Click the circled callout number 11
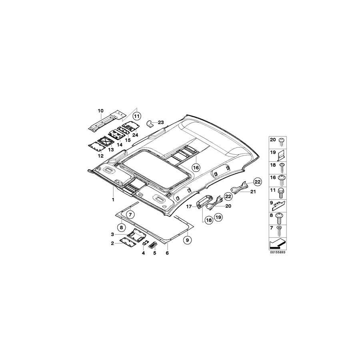137,116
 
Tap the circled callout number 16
196,168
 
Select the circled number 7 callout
130,215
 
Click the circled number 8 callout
122,228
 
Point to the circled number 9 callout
187,240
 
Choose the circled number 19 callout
218,217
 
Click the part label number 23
161,122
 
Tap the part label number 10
100,111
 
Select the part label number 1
113,200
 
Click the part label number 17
189,207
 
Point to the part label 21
253,192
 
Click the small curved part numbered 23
150,124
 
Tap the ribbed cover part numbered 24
130,126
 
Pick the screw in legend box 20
281,142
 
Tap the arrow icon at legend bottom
278,244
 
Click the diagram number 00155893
278,252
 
